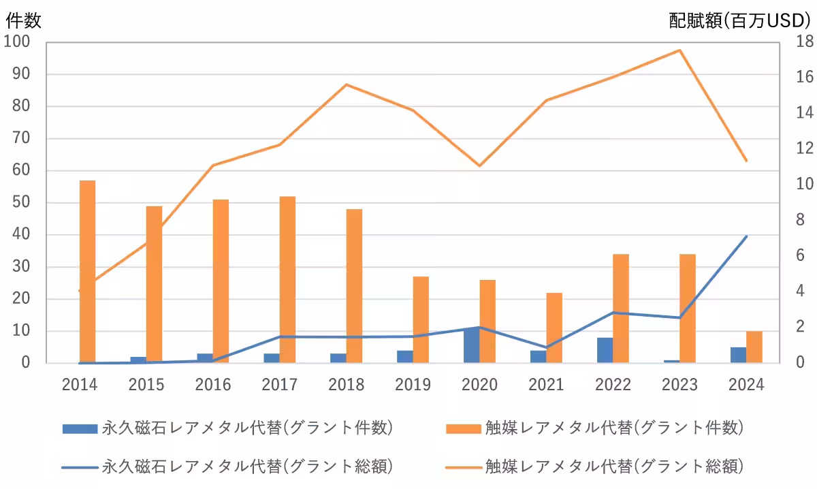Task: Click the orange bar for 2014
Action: coord(87,272)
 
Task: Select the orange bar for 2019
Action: coord(421,319)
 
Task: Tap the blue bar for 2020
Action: coord(471,345)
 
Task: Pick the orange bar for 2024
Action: coord(754,347)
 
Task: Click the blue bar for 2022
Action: coord(605,350)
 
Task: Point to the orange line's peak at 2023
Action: coord(679,50)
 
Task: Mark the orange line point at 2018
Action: coord(346,84)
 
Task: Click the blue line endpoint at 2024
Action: coord(747,236)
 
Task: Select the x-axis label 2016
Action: coord(213,385)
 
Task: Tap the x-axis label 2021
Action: coord(546,385)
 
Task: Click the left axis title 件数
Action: coord(23,20)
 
